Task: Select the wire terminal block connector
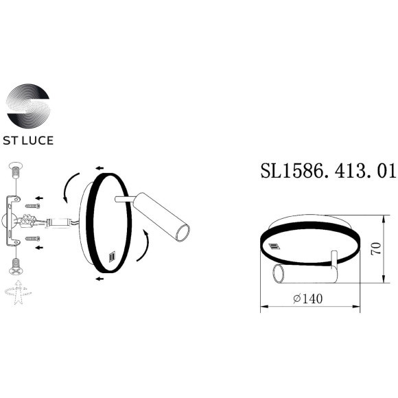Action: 30,221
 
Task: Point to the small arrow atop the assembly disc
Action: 100,167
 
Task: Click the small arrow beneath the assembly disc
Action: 100,279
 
